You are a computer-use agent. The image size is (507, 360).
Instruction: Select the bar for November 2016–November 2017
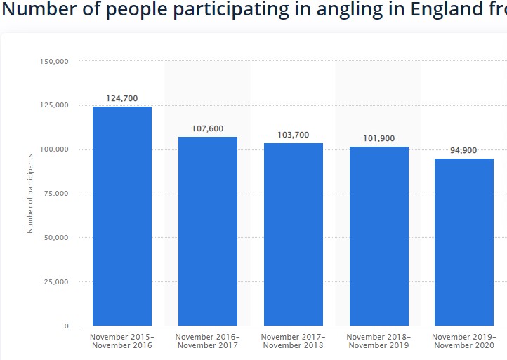[x=208, y=231]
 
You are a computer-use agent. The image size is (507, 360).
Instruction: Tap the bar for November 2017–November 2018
[x=294, y=234]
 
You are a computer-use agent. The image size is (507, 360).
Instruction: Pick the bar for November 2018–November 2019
[x=379, y=236]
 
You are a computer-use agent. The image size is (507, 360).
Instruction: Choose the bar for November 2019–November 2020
[x=464, y=242]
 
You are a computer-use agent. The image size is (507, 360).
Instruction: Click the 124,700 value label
[x=122, y=98]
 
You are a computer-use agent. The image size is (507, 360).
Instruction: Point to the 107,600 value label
[x=208, y=128]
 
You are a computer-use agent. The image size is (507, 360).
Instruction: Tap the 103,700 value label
[x=294, y=135]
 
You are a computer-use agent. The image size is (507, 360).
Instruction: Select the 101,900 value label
[x=379, y=138]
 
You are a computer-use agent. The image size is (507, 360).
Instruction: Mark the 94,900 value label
[x=464, y=150]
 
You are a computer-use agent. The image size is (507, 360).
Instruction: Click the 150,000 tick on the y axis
[x=54, y=62]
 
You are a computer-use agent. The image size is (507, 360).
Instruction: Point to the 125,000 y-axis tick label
[x=54, y=106]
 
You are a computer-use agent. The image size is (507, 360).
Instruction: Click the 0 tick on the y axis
[x=66, y=326]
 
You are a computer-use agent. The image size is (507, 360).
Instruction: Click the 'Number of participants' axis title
[x=30, y=194]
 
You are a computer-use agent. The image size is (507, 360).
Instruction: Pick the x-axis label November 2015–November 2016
[x=122, y=341]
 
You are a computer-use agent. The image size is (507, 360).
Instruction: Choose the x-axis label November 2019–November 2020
[x=464, y=341]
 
